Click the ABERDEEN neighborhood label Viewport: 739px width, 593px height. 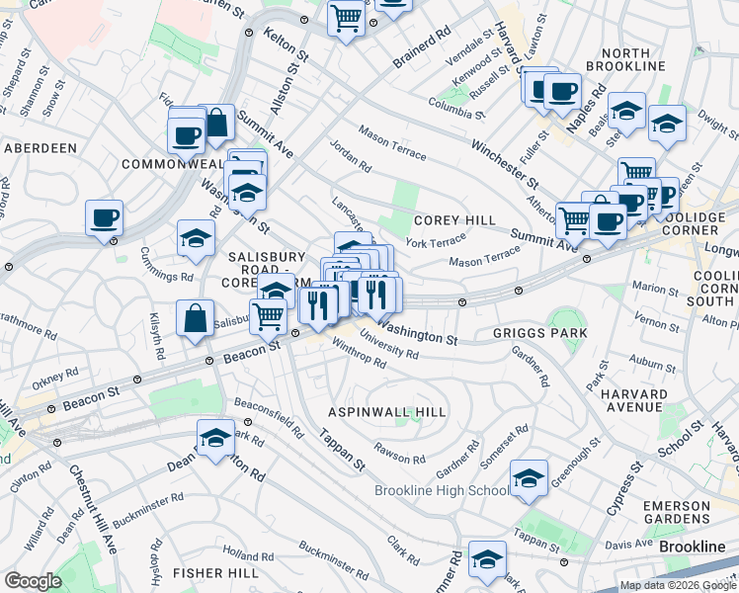coord(41,147)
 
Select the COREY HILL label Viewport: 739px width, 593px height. coord(453,221)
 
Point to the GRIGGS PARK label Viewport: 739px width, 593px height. coord(539,333)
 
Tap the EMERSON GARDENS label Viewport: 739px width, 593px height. coord(677,512)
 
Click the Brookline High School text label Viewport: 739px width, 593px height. coord(442,491)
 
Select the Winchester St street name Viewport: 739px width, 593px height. coord(504,164)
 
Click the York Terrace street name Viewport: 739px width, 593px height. coord(435,242)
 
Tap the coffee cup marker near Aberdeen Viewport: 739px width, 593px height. coord(104,217)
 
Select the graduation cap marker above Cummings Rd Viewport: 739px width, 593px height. coord(197,238)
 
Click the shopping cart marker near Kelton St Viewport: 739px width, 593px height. coord(347,17)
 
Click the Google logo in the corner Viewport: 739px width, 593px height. coord(33,581)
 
